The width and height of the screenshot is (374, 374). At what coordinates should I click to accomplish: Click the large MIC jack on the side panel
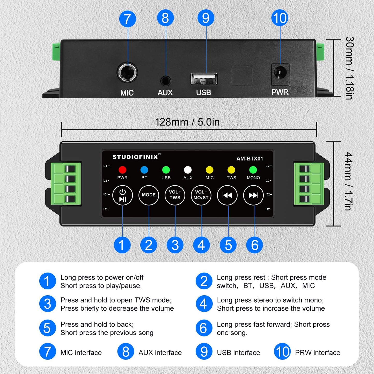click(127, 72)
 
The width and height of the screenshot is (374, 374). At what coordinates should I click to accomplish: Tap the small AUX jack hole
click(166, 81)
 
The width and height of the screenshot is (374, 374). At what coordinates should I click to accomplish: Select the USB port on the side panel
click(204, 79)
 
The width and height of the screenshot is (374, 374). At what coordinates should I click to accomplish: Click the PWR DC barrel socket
click(280, 74)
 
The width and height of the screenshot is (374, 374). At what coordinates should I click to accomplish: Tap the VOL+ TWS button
click(175, 195)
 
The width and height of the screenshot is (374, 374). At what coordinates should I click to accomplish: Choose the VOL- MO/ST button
click(201, 195)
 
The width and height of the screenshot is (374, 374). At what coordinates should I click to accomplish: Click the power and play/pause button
click(123, 195)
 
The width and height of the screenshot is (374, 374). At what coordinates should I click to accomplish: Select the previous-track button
click(227, 195)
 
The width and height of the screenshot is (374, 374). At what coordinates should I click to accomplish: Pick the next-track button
click(253, 195)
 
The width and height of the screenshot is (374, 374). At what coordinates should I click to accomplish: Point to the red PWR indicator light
click(122, 170)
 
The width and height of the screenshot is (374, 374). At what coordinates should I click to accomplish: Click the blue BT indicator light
click(144, 170)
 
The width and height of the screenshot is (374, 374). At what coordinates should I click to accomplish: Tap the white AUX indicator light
click(188, 170)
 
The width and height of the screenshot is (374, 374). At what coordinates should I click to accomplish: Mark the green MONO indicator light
click(253, 170)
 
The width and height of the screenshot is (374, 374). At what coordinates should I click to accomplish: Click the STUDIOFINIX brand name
click(135, 157)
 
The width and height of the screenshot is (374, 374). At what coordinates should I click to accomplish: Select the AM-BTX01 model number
click(250, 159)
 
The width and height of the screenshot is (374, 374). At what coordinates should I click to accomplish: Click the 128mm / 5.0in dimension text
click(187, 122)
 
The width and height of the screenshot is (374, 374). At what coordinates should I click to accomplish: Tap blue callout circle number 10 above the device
click(280, 18)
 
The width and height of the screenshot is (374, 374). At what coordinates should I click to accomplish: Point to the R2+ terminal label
click(269, 194)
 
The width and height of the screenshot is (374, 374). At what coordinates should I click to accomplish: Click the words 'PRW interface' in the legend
click(318, 353)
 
